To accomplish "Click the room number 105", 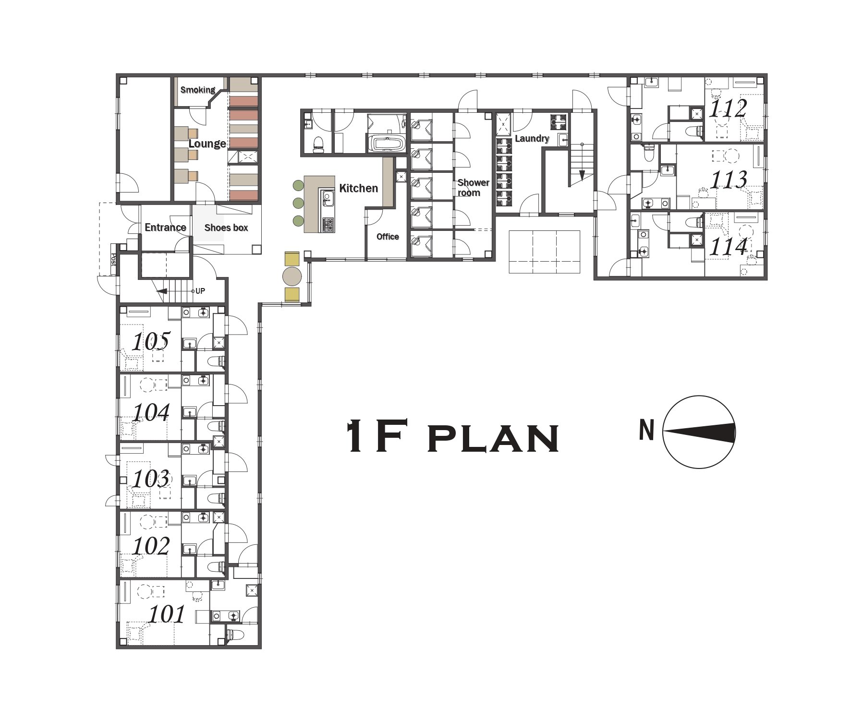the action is pyautogui.click(x=151, y=341).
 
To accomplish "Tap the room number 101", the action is pyautogui.click(x=167, y=614).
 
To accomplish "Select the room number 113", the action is pyautogui.click(x=729, y=180).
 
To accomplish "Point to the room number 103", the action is pyautogui.click(x=151, y=479).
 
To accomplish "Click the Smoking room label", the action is pyautogui.click(x=198, y=90).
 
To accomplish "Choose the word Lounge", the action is pyautogui.click(x=207, y=144).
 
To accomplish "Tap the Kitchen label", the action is pyautogui.click(x=358, y=188).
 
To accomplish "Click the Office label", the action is pyautogui.click(x=388, y=237).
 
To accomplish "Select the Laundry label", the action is pyautogui.click(x=532, y=139).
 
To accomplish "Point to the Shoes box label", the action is pyautogui.click(x=226, y=228).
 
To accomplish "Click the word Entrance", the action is pyautogui.click(x=166, y=228).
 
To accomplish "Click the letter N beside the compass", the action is pyautogui.click(x=647, y=430).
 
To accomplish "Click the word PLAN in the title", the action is pyautogui.click(x=493, y=438).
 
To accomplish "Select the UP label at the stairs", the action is pyautogui.click(x=200, y=291).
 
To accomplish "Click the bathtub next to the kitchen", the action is pyautogui.click(x=387, y=144).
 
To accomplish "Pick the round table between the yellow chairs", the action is pyautogui.click(x=292, y=276).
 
